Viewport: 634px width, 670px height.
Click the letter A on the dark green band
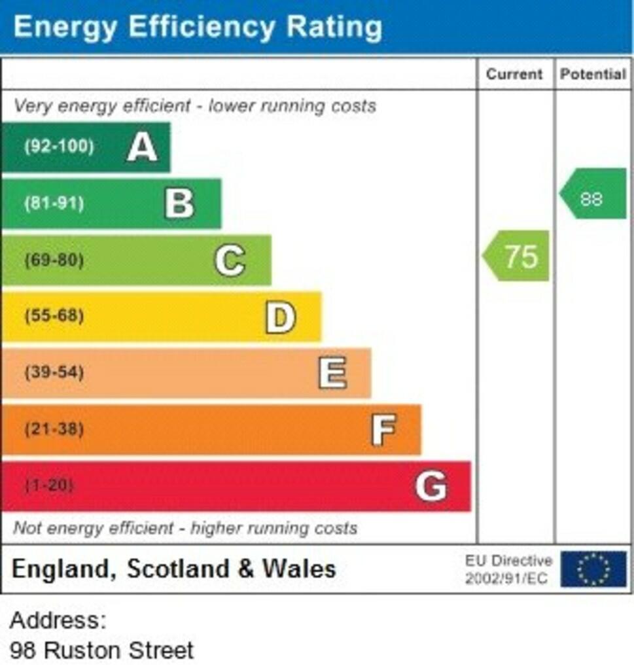(142, 147)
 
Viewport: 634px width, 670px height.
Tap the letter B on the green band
(179, 203)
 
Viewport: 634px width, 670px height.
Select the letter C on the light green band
(230, 260)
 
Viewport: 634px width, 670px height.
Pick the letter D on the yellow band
(280, 317)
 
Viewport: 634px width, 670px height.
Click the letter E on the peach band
(332, 373)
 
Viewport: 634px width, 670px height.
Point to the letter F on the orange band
(383, 430)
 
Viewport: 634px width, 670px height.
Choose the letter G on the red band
(431, 486)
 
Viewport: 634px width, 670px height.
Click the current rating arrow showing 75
(517, 256)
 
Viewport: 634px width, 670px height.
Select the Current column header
(514, 75)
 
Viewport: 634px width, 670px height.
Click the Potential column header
(593, 75)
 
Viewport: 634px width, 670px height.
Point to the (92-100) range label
(59, 146)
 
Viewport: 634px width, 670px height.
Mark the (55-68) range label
(54, 317)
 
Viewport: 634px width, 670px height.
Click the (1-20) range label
(49, 486)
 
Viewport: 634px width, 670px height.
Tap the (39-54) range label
(54, 373)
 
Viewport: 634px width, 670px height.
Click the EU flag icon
(593, 569)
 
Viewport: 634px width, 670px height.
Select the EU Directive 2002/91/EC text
(508, 569)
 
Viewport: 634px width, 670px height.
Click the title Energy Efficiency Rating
(198, 27)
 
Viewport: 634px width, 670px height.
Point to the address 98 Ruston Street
(102, 650)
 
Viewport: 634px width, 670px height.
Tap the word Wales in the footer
(299, 569)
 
